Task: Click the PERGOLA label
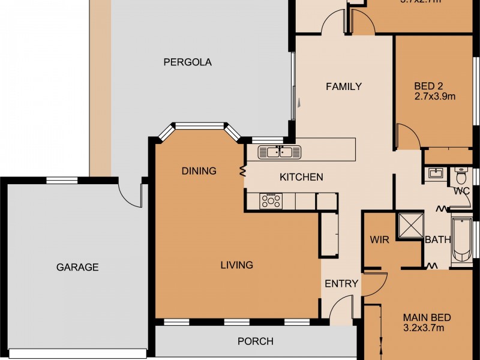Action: [x=188, y=62]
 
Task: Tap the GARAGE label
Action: [x=77, y=268]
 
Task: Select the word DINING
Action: [x=199, y=171]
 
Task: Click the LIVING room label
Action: [x=236, y=265]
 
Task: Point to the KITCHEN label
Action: [x=301, y=177]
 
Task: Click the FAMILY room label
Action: [x=343, y=86]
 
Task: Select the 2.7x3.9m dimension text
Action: [x=435, y=95]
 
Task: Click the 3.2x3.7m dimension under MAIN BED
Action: [x=423, y=328]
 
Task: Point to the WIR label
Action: [x=380, y=240]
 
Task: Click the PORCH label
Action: [x=256, y=341]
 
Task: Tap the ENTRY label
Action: [x=341, y=284]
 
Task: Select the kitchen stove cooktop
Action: [x=270, y=202]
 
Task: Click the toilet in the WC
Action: [x=461, y=177]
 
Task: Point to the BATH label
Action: [x=437, y=240]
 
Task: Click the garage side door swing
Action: [x=130, y=192]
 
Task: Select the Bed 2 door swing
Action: [x=409, y=137]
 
